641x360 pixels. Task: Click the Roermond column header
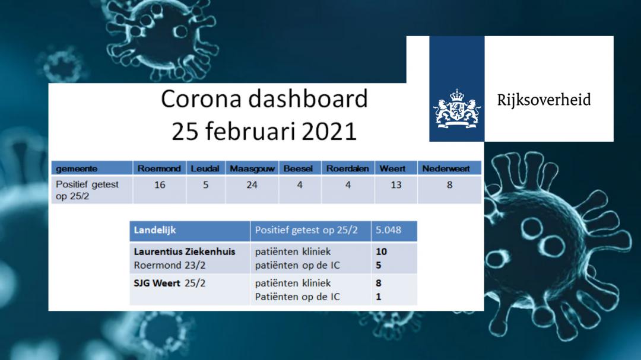click(159, 168)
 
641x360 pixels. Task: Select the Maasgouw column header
click(252, 168)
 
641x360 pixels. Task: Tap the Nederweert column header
click(446, 168)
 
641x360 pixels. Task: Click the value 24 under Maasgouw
click(252, 185)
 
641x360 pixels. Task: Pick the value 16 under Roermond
click(160, 185)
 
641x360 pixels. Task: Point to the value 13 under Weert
click(396, 185)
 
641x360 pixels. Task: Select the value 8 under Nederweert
click(449, 185)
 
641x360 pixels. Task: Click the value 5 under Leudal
click(205, 185)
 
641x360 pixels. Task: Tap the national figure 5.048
click(388, 230)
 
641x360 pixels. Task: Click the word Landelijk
click(154, 231)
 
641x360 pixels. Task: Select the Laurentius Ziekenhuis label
click(185, 251)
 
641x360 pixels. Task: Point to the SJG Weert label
click(157, 283)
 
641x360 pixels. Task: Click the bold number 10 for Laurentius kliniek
click(381, 251)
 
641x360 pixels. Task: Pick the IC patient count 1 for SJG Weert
click(379, 297)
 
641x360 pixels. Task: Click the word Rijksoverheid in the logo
click(544, 100)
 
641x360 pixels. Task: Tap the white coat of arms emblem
click(456, 109)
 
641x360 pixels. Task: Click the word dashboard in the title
click(307, 99)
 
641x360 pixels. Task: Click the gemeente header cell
click(92, 168)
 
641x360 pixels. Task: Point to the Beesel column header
click(298, 168)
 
